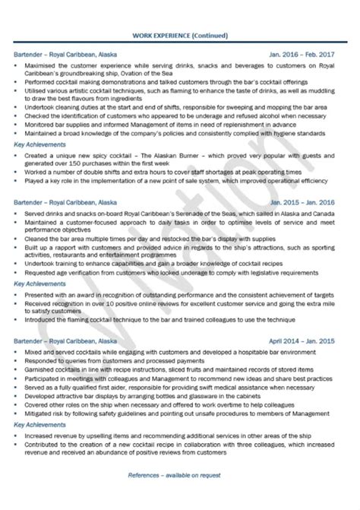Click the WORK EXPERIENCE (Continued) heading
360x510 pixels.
click(x=179, y=35)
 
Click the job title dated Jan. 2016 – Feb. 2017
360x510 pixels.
click(x=61, y=54)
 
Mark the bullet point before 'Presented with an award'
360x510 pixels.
click(x=17, y=293)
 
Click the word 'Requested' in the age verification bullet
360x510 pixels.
click(x=42, y=271)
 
